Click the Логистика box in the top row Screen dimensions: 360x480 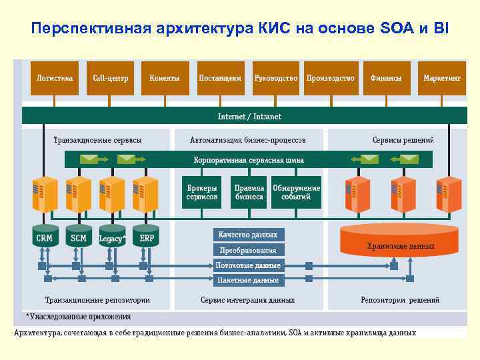click(x=54, y=78)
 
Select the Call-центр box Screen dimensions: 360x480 click(x=109, y=78)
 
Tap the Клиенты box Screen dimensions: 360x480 click(x=165, y=78)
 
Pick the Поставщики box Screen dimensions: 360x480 click(x=220, y=78)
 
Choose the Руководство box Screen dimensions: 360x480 click(x=275, y=78)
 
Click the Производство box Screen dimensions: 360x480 click(x=330, y=78)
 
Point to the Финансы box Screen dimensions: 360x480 click(x=386, y=78)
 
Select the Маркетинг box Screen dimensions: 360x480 click(x=441, y=78)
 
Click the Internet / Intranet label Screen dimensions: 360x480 click(x=249, y=117)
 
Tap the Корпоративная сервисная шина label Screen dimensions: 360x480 click(x=249, y=160)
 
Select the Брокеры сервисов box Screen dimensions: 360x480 click(x=202, y=192)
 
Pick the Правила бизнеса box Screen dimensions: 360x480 click(x=249, y=192)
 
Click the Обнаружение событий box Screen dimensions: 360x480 click(x=296, y=192)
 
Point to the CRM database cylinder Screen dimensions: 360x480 click(x=44, y=237)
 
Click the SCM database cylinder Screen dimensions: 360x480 click(x=79, y=237)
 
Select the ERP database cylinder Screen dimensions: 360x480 click(x=147, y=237)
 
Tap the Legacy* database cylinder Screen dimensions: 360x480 click(x=112, y=238)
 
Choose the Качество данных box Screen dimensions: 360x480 click(x=249, y=235)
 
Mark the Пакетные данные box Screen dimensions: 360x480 click(x=249, y=280)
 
